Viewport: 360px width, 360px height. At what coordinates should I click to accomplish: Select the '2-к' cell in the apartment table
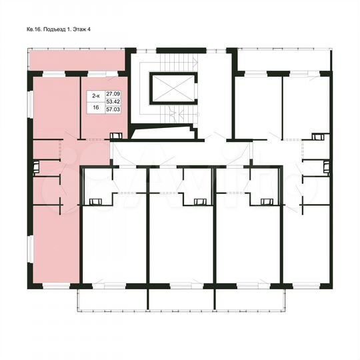(x=97, y=95)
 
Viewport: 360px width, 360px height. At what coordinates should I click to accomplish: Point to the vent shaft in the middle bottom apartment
(x=198, y=201)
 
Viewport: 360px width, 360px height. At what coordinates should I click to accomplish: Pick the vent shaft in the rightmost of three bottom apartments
(x=265, y=201)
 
